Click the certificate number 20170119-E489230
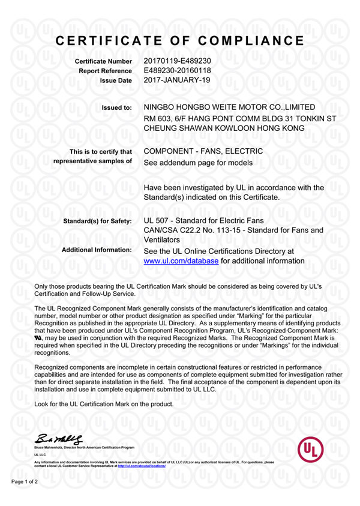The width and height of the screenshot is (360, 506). [177, 61]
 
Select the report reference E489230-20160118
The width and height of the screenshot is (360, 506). [178, 70]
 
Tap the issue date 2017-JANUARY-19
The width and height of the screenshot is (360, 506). [178, 80]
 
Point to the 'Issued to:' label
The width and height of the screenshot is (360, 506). [116, 108]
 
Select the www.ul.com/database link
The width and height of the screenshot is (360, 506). [182, 261]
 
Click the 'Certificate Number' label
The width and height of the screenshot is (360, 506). [103, 62]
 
